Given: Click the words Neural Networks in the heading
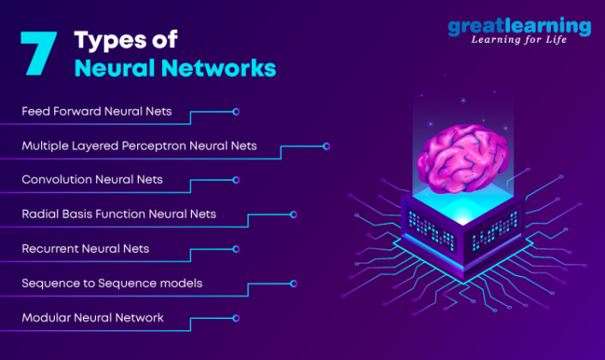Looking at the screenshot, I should coord(175,69).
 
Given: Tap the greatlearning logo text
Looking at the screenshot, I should coord(518,27).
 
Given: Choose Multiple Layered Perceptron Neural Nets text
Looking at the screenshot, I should coord(139,146).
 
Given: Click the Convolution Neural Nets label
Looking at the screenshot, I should coord(92,180).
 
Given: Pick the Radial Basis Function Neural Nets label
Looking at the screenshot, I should coord(118,214).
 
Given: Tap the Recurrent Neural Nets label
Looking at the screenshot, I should coord(85,249).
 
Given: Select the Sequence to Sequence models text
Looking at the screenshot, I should coord(111,283).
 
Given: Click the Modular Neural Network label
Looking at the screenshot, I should coord(92,318).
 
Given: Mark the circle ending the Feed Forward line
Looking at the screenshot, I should coord(236,111).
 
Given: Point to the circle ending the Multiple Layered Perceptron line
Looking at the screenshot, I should coord(326,147).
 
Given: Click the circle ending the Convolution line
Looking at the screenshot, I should coord(236,180).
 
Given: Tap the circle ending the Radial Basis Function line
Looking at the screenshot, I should coord(294,214).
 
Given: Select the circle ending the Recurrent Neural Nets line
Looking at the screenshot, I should coord(236,249).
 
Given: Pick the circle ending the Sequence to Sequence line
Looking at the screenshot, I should coord(294,283).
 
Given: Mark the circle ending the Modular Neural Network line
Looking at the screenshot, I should coord(236,318).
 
